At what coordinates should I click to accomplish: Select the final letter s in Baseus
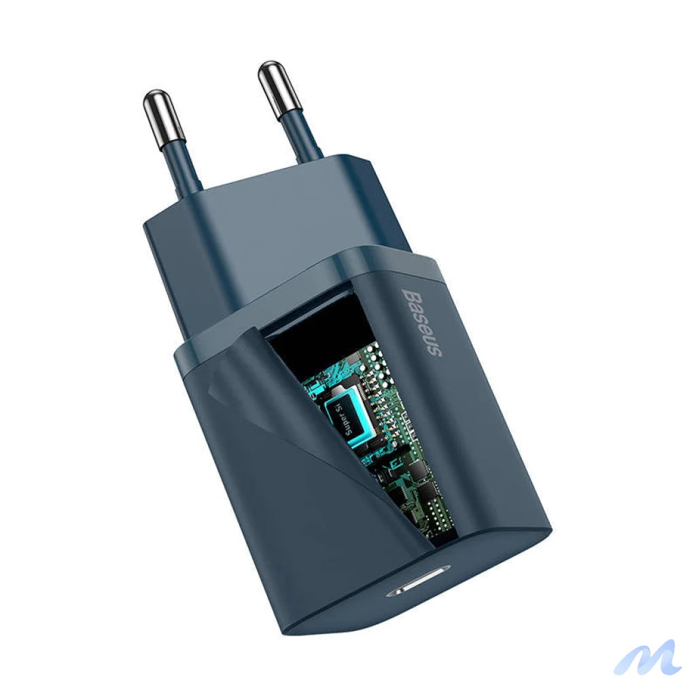[x=436, y=351]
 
